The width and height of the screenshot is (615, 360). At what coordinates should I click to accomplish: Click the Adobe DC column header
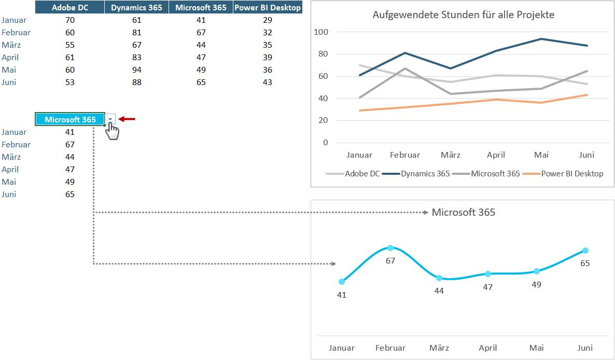point(70,7)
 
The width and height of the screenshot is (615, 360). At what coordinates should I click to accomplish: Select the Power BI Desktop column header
point(268,7)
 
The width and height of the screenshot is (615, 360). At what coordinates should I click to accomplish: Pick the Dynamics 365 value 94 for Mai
point(137,70)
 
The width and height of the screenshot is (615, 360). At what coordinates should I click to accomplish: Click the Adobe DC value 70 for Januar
point(70,20)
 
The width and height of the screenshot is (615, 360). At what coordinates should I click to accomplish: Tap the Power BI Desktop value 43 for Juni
point(268,82)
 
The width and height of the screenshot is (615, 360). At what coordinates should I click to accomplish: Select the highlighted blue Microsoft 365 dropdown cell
point(70,119)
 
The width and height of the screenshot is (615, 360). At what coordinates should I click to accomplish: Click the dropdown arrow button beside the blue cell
point(110,119)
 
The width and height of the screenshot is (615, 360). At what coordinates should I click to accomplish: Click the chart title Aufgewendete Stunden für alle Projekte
point(463,15)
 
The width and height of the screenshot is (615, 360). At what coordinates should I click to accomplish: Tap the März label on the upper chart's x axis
point(451,155)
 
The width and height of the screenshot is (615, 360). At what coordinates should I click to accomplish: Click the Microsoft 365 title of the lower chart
point(463,212)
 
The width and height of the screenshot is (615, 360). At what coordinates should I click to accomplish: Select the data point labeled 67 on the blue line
point(390,248)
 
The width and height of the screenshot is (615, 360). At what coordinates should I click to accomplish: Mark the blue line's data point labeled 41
point(342,282)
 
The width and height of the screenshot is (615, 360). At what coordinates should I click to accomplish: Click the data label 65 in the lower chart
point(585,263)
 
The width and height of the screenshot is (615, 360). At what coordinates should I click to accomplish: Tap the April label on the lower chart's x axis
point(488,348)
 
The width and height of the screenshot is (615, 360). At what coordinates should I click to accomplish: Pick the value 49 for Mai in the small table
point(70,182)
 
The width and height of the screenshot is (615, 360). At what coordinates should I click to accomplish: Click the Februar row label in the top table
point(16,32)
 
